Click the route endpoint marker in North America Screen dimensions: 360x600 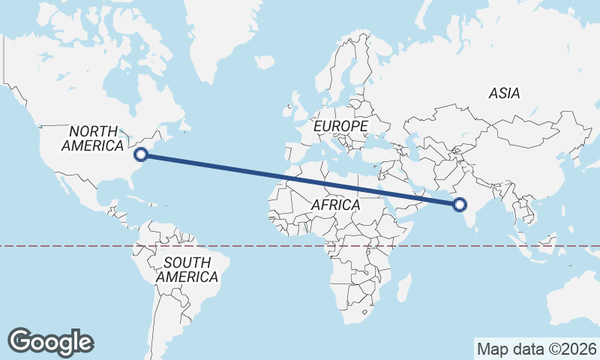tap(140, 154)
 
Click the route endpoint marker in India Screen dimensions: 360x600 tap(460, 204)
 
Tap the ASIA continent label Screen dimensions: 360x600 tap(504, 94)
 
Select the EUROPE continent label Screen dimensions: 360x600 tap(340, 126)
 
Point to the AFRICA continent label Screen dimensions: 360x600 tap(335, 205)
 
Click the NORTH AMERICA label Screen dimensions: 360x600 tap(93, 139)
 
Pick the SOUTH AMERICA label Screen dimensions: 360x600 tap(187, 269)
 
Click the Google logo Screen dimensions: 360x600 tap(50, 341)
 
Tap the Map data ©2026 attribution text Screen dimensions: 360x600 tap(536, 349)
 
